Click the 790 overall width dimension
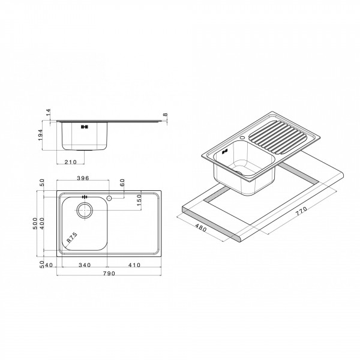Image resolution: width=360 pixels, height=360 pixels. tap(108, 274)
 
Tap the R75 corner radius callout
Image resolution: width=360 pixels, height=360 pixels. tap(71, 238)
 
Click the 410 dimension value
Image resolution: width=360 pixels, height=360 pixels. tap(134, 265)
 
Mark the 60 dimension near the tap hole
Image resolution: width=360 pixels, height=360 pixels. tap(122, 183)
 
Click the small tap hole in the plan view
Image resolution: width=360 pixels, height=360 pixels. tap(110, 197)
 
